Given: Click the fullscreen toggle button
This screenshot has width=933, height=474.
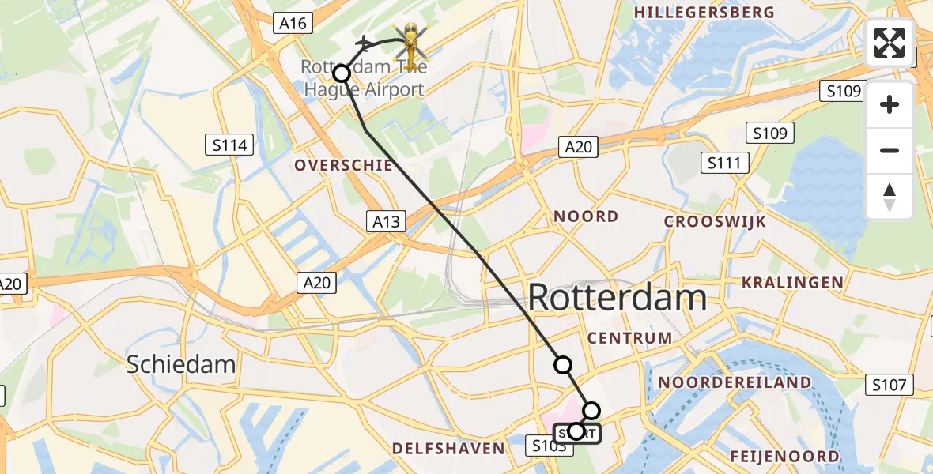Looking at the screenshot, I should tap(890, 43).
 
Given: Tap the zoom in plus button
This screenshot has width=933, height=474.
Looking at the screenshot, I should tap(890, 104).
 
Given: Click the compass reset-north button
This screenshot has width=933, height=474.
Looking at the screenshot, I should tap(890, 197).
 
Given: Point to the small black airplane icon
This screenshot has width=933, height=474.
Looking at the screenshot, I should tap(364, 43).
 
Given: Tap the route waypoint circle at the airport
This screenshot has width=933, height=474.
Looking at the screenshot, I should tap(342, 73).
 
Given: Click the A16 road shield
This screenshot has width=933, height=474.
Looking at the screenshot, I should tap(293, 23).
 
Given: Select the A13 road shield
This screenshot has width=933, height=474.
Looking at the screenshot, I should tap(387, 222).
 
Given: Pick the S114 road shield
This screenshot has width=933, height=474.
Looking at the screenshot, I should tap(230, 145).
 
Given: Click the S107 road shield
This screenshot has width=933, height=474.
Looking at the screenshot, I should tap(890, 385).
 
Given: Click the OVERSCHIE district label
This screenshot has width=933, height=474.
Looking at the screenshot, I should tap(343, 165).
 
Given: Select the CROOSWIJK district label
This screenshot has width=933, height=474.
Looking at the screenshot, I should tap(715, 221).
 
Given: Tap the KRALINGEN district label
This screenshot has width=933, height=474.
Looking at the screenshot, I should tap(792, 282).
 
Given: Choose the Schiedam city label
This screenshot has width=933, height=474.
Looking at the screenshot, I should tap(182, 364).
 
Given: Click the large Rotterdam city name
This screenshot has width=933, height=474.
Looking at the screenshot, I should tap(617, 299).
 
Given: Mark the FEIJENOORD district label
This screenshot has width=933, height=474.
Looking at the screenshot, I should tap(784, 456).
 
